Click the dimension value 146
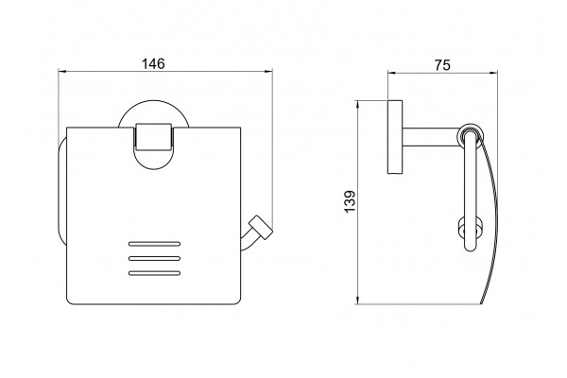coord(153,63)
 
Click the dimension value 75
coord(442,65)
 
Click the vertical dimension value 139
coord(350,202)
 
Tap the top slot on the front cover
coord(154,244)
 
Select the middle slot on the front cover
coord(154,258)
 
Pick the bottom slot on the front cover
coord(154,273)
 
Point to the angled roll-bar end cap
coord(261,227)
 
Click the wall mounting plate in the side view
coord(395,137)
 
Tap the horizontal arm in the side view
coord(430,137)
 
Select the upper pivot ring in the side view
coord(470,134)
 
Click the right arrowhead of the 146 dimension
coord(268,72)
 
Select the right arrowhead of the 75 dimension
coord(493,73)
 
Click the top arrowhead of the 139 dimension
coord(357,105)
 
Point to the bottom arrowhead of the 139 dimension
coord(357,300)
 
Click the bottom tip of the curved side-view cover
coord(481,304)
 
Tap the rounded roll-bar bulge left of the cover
coord(60,192)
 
